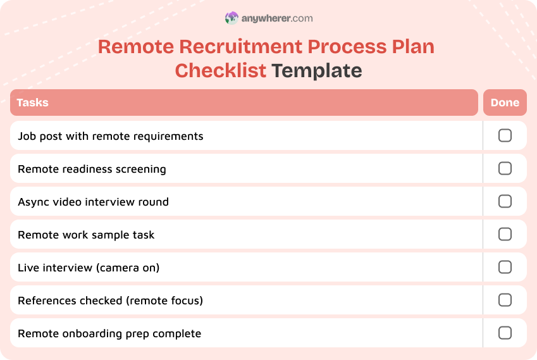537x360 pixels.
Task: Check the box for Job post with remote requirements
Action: coord(505,135)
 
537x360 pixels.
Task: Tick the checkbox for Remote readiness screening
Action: coord(505,168)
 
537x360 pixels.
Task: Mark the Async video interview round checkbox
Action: coord(505,201)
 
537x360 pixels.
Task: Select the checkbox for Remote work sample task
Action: coord(505,234)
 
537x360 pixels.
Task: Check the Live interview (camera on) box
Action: coord(505,267)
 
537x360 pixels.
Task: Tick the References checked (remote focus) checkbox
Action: coord(505,300)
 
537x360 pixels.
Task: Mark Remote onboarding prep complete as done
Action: coord(505,333)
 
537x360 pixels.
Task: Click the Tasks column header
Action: coord(33,102)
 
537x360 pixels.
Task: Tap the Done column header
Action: coord(505,102)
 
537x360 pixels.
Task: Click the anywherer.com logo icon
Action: coord(231,18)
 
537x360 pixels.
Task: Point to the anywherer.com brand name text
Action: coord(277,18)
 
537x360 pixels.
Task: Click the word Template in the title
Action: coord(317,70)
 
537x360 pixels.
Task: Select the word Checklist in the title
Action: coord(220,70)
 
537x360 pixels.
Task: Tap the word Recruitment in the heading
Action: coord(241,47)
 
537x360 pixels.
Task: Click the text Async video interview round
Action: coord(93,202)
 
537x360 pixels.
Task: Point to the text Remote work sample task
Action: coord(86,235)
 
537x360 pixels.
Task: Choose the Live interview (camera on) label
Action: coord(89,268)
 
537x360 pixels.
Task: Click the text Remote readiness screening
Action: coord(92,169)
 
